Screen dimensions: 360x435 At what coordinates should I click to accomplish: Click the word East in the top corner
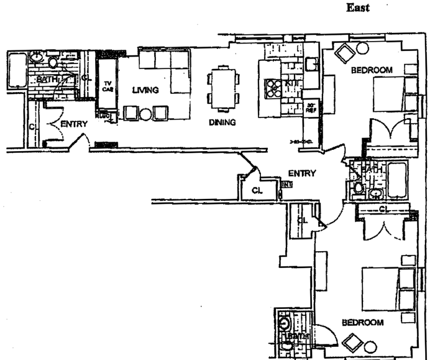click(358, 8)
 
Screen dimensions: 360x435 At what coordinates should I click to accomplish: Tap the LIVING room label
click(145, 91)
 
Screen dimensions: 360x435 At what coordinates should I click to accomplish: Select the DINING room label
click(222, 122)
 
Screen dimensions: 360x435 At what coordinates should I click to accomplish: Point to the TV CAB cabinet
click(108, 86)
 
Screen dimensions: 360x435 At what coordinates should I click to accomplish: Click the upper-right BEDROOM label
click(372, 71)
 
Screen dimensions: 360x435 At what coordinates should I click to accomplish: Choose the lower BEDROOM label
click(362, 323)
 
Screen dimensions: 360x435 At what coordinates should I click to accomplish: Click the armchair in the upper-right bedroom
click(344, 54)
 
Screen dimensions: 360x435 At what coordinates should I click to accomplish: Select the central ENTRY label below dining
click(303, 173)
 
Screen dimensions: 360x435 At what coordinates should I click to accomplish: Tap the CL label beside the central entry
click(257, 190)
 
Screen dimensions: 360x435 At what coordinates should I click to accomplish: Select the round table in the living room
click(145, 113)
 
